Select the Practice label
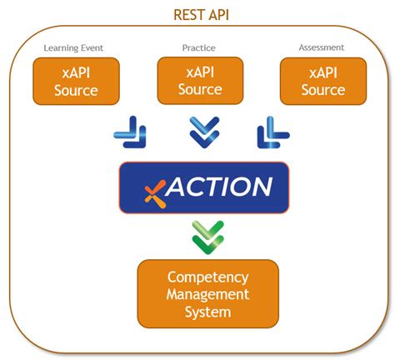(198, 47)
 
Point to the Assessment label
(322, 47)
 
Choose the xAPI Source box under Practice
(200, 80)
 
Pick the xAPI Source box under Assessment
(323, 81)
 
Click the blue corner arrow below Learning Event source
(130, 132)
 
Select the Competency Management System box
(207, 294)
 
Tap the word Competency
(207, 277)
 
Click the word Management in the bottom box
(207, 294)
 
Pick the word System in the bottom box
(207, 312)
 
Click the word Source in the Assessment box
(323, 90)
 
